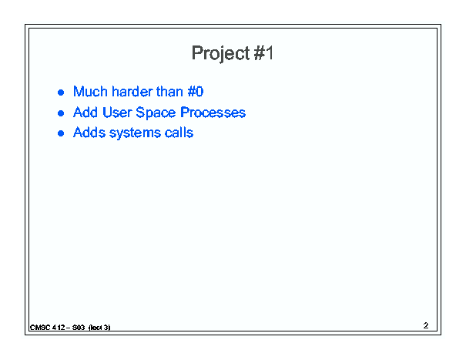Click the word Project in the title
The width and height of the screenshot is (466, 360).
click(220, 54)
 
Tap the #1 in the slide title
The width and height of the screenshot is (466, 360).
click(263, 53)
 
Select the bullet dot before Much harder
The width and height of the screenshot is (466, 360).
click(61, 93)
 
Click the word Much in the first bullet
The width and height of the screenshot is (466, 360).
click(90, 91)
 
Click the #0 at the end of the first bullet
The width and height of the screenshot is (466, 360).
click(196, 91)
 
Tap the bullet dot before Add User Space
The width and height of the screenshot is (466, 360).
click(61, 113)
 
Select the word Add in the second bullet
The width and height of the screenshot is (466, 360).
click(85, 113)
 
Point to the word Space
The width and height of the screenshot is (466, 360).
click(156, 113)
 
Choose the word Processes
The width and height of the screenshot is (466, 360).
click(213, 113)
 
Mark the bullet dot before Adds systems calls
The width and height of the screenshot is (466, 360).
click(61, 133)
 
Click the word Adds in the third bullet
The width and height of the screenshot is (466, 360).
click(89, 133)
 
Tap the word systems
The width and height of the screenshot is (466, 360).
click(135, 133)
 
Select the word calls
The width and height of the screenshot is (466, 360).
click(179, 133)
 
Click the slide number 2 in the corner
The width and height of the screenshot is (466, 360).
click(426, 325)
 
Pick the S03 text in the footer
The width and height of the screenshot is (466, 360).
click(79, 328)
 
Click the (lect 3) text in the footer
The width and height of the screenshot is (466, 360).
click(99, 328)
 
